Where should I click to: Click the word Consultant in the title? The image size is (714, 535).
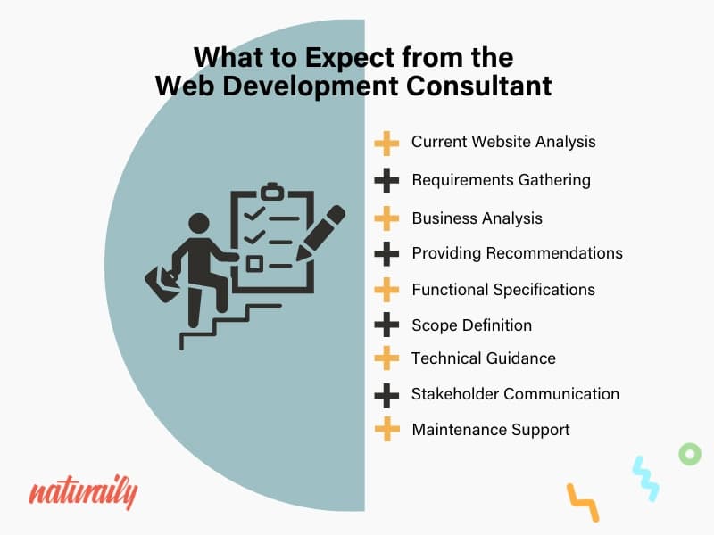(478, 86)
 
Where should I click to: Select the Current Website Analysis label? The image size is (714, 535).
(503, 142)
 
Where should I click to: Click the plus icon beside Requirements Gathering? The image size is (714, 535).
(386, 180)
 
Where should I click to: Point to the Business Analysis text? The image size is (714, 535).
(477, 218)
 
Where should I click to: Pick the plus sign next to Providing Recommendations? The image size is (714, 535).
(386, 253)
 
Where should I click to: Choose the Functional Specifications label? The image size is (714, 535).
(503, 290)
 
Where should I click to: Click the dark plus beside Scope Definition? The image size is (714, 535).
(386, 325)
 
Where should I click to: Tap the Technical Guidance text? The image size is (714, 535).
(483, 358)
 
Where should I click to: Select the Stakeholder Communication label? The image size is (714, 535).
(515, 394)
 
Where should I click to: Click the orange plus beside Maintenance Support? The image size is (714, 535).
(387, 429)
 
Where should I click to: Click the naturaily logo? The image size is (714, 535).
(83, 493)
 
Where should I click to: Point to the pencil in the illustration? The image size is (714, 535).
(320, 234)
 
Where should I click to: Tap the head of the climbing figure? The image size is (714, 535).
(199, 225)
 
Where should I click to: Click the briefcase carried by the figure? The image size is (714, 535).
(162, 283)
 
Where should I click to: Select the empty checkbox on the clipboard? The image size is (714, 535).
(254, 264)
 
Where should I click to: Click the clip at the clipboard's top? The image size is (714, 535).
(272, 191)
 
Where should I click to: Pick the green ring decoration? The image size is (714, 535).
(690, 454)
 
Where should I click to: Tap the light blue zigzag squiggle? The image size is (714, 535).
(645, 479)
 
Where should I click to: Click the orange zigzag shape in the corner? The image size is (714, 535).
(583, 502)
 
